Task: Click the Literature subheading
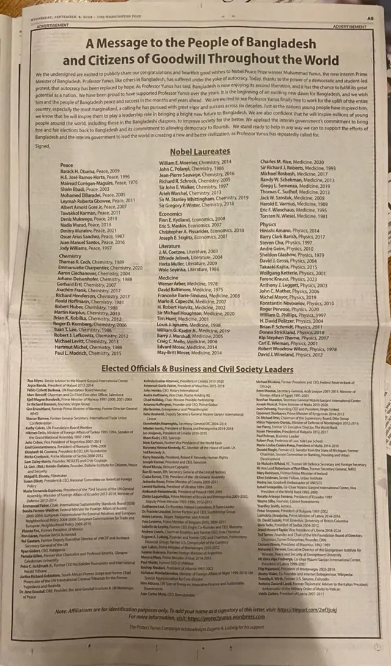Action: coord(171,245)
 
